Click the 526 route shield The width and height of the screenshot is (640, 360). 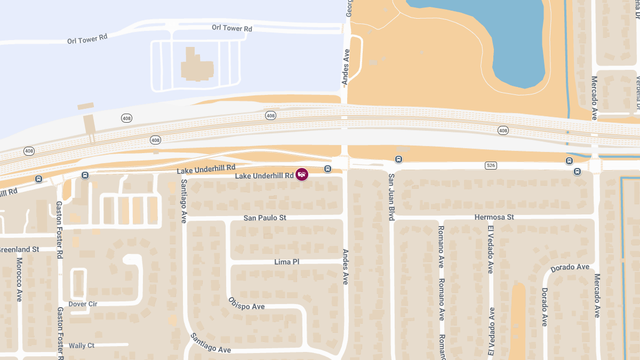coord(491,165)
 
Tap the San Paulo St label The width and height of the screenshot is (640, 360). coord(265,218)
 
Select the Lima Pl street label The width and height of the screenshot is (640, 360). coord(287,262)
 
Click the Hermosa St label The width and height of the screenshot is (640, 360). coord(494,217)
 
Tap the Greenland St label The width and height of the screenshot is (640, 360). coord(19,249)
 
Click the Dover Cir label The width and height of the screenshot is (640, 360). coord(83,304)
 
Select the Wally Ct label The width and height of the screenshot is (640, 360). coord(82,346)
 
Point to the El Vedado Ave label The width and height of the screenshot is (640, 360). coord(490,249)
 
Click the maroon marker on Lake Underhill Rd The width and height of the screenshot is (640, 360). coord(302,174)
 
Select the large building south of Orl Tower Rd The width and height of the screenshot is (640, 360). coord(196,66)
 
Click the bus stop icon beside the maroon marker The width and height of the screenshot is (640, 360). coord(327,169)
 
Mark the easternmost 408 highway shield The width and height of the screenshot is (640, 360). coord(503,130)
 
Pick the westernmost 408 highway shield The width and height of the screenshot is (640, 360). coord(29,151)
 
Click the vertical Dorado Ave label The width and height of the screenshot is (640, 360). coord(545,307)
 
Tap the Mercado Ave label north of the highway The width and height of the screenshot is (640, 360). coord(595,98)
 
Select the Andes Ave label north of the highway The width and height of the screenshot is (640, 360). coord(346,67)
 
